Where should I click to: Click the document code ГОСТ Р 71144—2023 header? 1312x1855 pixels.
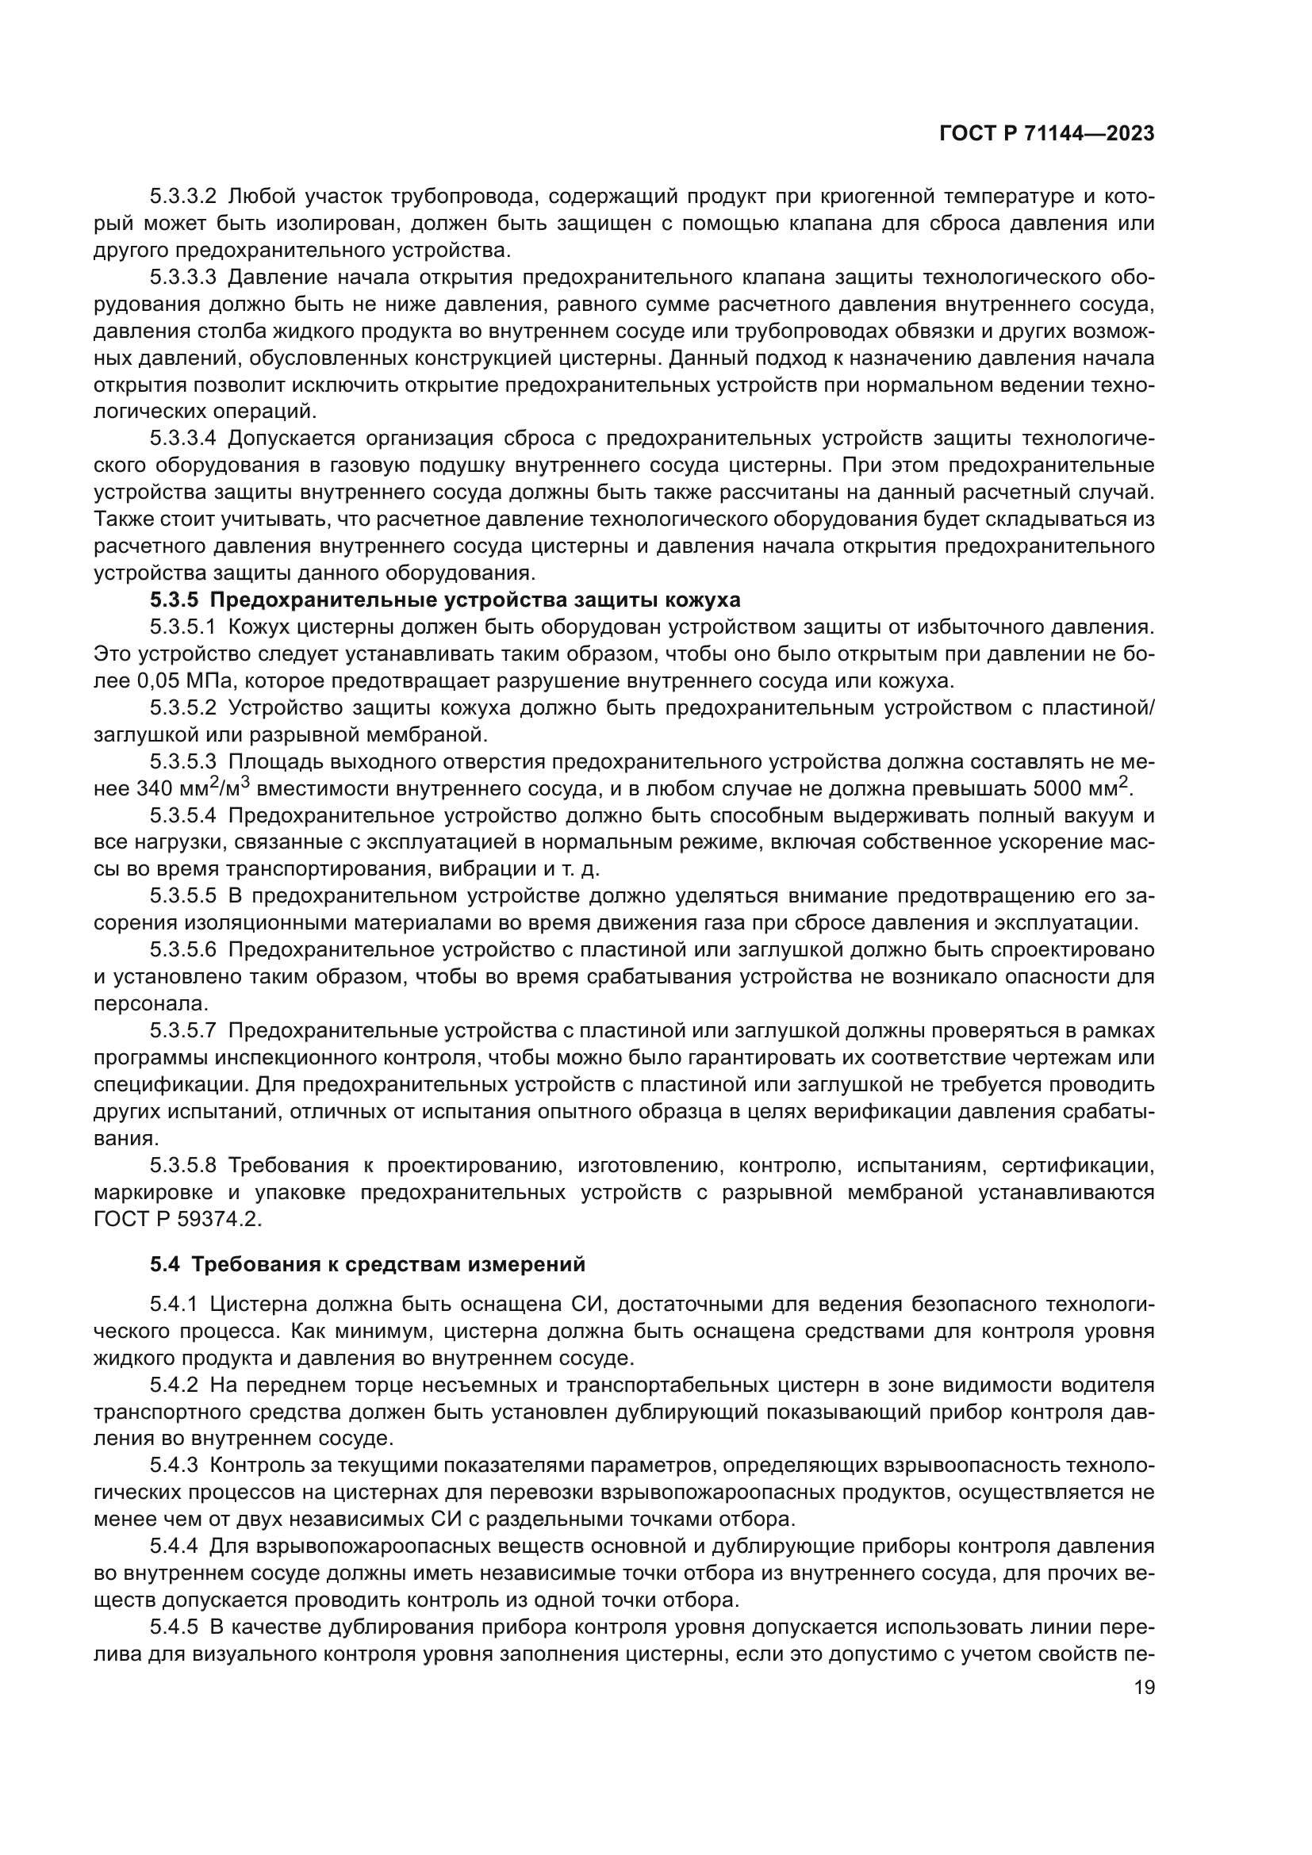tap(1046, 134)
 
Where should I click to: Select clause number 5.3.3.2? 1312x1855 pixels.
tap(182, 197)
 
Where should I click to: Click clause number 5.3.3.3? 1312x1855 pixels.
tap(182, 278)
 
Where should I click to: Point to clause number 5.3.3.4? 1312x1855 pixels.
tap(182, 439)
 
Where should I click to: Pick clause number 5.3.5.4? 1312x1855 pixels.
tap(182, 815)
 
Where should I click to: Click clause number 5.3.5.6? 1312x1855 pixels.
tap(182, 949)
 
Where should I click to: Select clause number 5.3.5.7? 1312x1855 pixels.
tap(182, 1031)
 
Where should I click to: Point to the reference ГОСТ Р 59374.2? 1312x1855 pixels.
tap(178, 1219)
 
